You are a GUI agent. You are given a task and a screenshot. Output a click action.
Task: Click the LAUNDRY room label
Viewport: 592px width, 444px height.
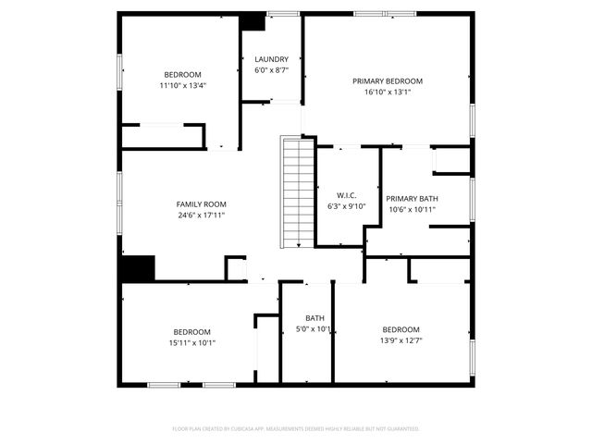tap(271, 59)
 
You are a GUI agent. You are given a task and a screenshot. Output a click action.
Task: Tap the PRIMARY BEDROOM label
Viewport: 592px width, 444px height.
tap(388, 81)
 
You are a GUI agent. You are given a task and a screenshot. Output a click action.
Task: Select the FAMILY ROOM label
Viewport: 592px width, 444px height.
tap(201, 204)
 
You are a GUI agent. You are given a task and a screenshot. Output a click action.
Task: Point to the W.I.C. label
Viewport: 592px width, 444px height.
tap(347, 195)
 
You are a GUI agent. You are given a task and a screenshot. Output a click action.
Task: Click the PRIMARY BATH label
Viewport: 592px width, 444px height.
tap(411, 199)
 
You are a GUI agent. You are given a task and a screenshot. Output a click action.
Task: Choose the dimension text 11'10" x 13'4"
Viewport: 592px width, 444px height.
tap(182, 85)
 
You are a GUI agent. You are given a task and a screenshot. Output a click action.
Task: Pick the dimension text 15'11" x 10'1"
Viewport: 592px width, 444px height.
tap(191, 342)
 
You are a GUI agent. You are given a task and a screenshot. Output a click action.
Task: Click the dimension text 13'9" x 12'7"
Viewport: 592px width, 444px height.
tap(401, 339)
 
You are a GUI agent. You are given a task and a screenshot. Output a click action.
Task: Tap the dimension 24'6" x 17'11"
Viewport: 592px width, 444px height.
tap(201, 215)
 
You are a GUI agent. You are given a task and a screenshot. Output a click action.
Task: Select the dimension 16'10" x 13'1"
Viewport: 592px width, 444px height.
tap(388, 92)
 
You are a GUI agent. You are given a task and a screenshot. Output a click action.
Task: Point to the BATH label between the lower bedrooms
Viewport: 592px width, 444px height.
tap(314, 318)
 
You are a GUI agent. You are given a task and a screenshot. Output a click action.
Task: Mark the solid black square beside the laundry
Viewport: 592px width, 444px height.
tap(252, 22)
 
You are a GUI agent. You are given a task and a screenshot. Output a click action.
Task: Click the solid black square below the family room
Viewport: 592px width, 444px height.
tap(137, 269)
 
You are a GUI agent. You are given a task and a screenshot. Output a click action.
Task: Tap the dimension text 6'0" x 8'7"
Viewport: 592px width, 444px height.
tap(271, 69)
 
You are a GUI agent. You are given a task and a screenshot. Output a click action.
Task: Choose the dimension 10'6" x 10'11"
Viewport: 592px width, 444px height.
tap(411, 209)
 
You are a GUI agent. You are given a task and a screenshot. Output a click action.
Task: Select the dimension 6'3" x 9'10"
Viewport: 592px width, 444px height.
tap(347, 205)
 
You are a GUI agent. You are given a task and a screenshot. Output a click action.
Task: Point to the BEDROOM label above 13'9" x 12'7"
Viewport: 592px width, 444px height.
tap(401, 329)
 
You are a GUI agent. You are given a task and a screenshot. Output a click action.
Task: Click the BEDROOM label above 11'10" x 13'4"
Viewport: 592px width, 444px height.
tap(182, 75)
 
